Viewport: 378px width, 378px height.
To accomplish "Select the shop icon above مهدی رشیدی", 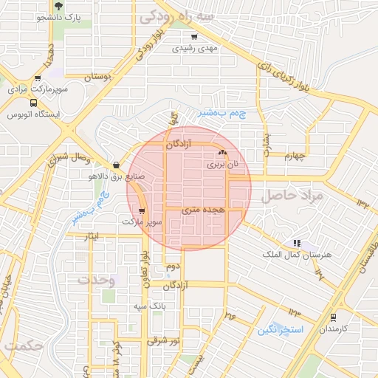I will pyautogui.click(x=194, y=37).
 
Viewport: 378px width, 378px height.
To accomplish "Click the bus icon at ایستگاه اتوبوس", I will pyautogui.click(x=32, y=103).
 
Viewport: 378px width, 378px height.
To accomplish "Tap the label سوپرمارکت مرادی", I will pyautogui.click(x=38, y=89).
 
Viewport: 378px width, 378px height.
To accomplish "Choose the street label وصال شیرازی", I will pyautogui.click(x=72, y=157).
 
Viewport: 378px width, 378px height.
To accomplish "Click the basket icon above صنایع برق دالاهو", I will pyautogui.click(x=116, y=165).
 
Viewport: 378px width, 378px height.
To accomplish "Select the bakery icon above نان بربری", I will pyautogui.click(x=222, y=152).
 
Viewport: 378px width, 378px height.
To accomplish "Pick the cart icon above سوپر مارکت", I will pyautogui.click(x=142, y=210).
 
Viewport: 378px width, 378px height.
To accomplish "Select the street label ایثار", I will pyautogui.click(x=90, y=236).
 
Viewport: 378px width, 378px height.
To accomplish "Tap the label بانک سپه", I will pyautogui.click(x=147, y=305).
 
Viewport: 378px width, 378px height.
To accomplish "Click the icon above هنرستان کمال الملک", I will pyautogui.click(x=297, y=242).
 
